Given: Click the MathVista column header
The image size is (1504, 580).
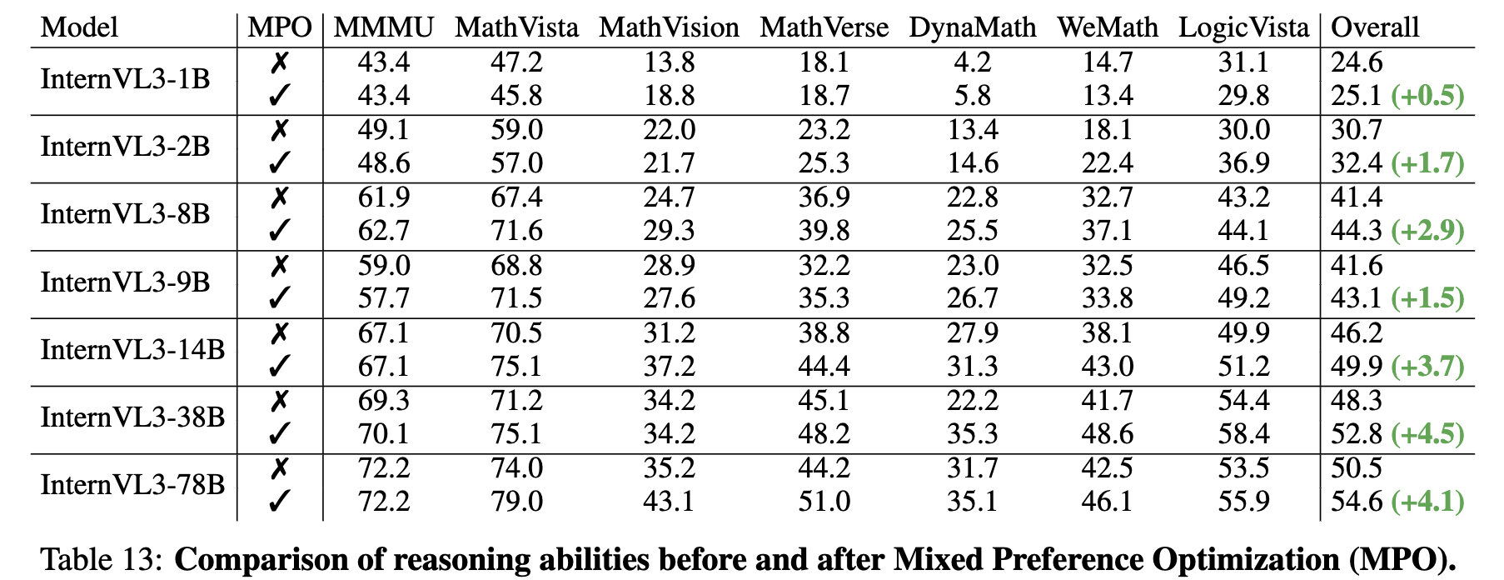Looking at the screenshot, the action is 516,27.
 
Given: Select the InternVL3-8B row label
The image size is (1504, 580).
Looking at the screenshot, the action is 126,214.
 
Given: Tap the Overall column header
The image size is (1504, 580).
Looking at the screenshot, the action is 1375,27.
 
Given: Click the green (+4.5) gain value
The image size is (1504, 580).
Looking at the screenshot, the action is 1427,434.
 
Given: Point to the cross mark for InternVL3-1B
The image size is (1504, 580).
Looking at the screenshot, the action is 280,62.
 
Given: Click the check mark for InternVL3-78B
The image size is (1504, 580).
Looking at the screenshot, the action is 280,502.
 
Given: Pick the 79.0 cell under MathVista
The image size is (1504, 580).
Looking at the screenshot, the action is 516,502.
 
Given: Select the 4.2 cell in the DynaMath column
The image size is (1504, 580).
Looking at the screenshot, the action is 973,62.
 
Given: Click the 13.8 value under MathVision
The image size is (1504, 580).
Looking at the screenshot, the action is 670,62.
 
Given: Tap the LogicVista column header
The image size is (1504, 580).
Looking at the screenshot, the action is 1244,27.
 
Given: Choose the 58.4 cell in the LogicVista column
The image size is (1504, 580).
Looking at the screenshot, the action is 1244,434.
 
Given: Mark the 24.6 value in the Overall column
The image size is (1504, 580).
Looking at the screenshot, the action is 1357,62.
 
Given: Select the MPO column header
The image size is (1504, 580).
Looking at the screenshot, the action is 280,27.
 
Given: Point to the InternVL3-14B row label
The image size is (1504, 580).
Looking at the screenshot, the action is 133,350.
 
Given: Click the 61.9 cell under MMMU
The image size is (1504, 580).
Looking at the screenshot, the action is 384,197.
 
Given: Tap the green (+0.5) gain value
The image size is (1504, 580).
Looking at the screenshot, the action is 1427,96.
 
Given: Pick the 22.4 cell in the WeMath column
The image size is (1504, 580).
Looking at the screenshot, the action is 1108,163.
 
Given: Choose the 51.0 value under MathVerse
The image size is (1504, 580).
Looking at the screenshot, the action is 824,502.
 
